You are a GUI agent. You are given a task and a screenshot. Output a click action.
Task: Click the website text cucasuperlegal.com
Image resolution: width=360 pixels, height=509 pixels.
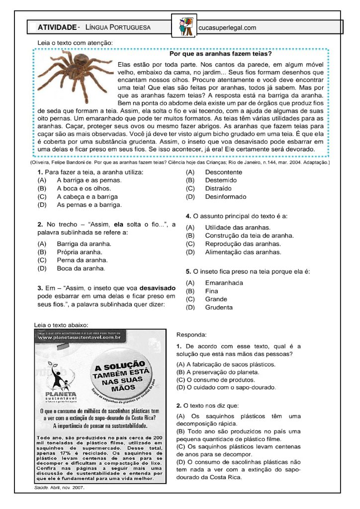point(227,28)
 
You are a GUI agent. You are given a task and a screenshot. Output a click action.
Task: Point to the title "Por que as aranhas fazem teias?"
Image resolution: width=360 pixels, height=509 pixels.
point(220,54)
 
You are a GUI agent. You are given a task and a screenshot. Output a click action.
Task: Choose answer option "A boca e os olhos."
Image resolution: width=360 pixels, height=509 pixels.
point(84,188)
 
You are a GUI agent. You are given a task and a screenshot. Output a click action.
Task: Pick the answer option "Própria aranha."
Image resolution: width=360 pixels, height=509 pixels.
point(80,252)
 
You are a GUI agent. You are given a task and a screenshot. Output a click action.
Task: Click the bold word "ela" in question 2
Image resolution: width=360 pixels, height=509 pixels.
point(118,224)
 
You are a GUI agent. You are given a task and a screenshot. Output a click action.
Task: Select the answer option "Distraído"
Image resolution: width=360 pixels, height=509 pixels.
point(218,188)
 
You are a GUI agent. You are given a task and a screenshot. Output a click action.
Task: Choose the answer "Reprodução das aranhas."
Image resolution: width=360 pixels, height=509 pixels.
point(243,244)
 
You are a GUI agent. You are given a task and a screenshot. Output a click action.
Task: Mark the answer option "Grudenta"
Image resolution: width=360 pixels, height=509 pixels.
point(218,307)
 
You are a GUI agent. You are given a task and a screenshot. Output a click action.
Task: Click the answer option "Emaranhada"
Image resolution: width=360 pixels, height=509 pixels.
point(224,283)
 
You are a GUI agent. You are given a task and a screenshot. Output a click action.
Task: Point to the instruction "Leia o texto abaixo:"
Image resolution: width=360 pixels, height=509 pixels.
point(61,325)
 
